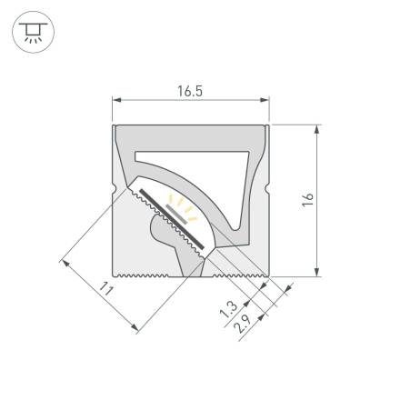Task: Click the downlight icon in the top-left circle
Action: click(34, 34)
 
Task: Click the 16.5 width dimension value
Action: click(190, 91)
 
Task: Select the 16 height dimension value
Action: click(307, 198)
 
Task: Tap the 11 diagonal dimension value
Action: click(105, 290)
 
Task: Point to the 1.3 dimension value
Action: click(228, 309)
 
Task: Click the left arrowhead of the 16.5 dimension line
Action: click(115, 101)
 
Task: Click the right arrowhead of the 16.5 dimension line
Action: click(266, 101)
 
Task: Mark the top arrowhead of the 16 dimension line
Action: click(317, 128)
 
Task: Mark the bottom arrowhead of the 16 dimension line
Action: click(317, 270)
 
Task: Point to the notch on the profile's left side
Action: click(114, 194)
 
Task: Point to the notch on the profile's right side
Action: click(268, 194)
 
